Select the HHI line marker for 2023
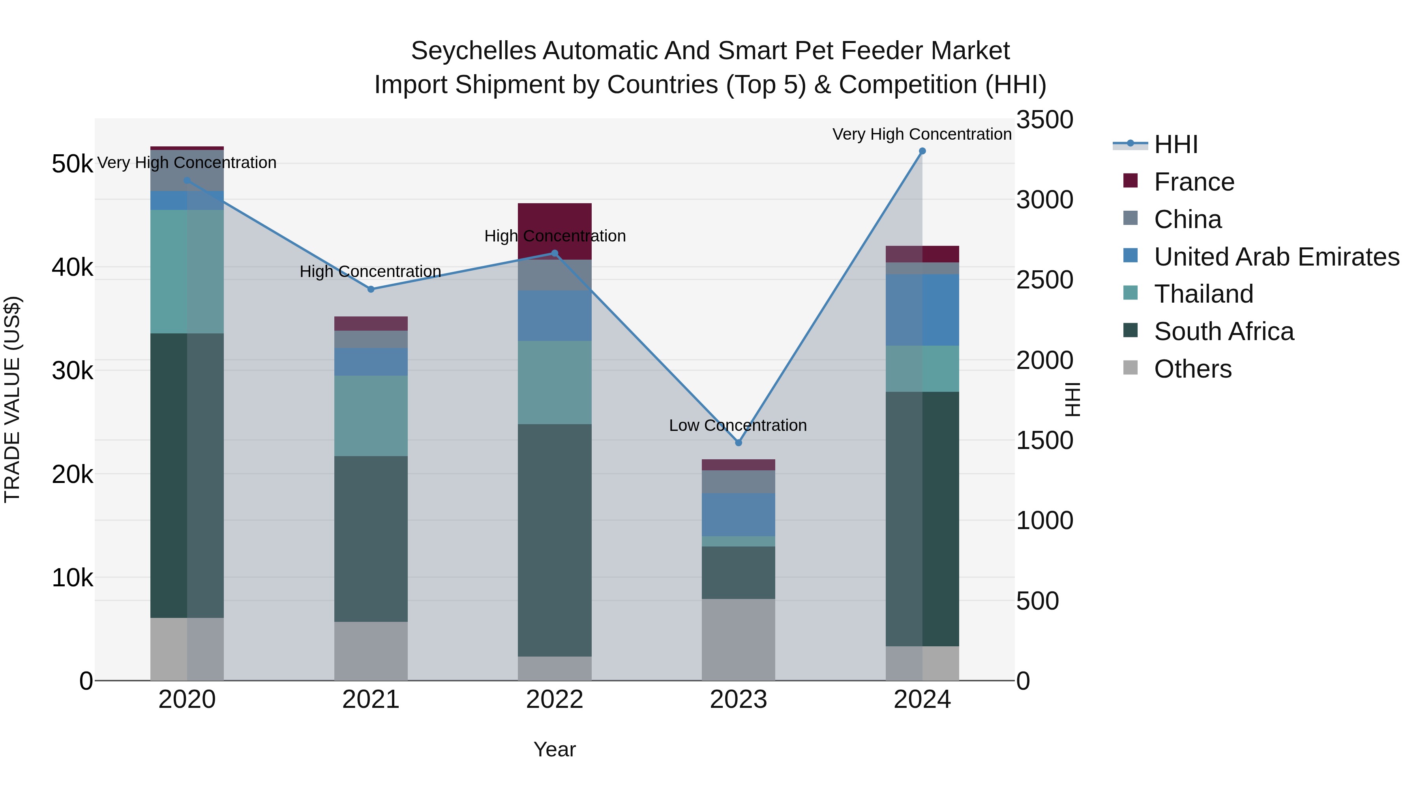739,443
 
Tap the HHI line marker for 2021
371,290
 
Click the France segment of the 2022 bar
555,221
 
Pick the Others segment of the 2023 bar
738,640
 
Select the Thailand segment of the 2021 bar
371,416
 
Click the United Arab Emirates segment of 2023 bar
738,515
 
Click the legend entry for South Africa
1224,331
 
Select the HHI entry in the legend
1175,144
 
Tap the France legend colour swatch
1130,181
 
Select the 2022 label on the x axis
555,700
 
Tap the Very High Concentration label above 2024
921,134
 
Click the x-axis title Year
555,749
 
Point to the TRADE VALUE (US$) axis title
12,399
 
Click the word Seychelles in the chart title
473,51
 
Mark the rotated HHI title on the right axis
1072,399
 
